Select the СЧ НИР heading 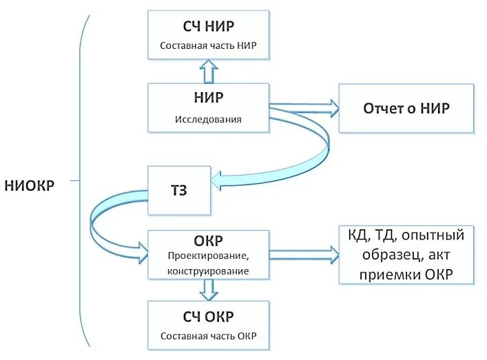208,26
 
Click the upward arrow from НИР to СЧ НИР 209,70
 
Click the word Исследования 208,118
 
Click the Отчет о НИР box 406,108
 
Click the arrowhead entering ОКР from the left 143,251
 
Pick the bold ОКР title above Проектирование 208,241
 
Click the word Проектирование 208,256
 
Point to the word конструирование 208,271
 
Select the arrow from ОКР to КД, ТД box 304,254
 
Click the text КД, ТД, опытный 406,236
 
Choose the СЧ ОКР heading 208,317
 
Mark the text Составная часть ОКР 208,337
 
